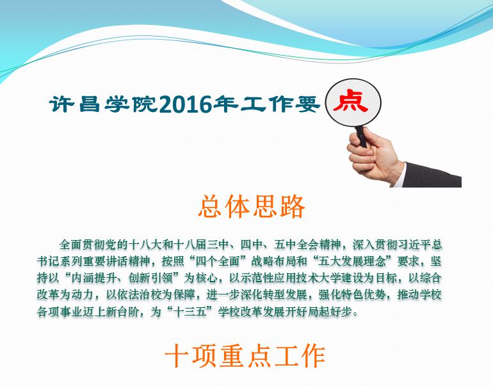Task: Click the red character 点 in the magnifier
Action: (x=351, y=102)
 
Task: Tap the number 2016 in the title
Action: (x=186, y=104)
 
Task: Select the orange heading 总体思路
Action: (x=252, y=207)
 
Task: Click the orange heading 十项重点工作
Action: (x=245, y=356)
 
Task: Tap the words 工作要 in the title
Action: (x=280, y=104)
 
